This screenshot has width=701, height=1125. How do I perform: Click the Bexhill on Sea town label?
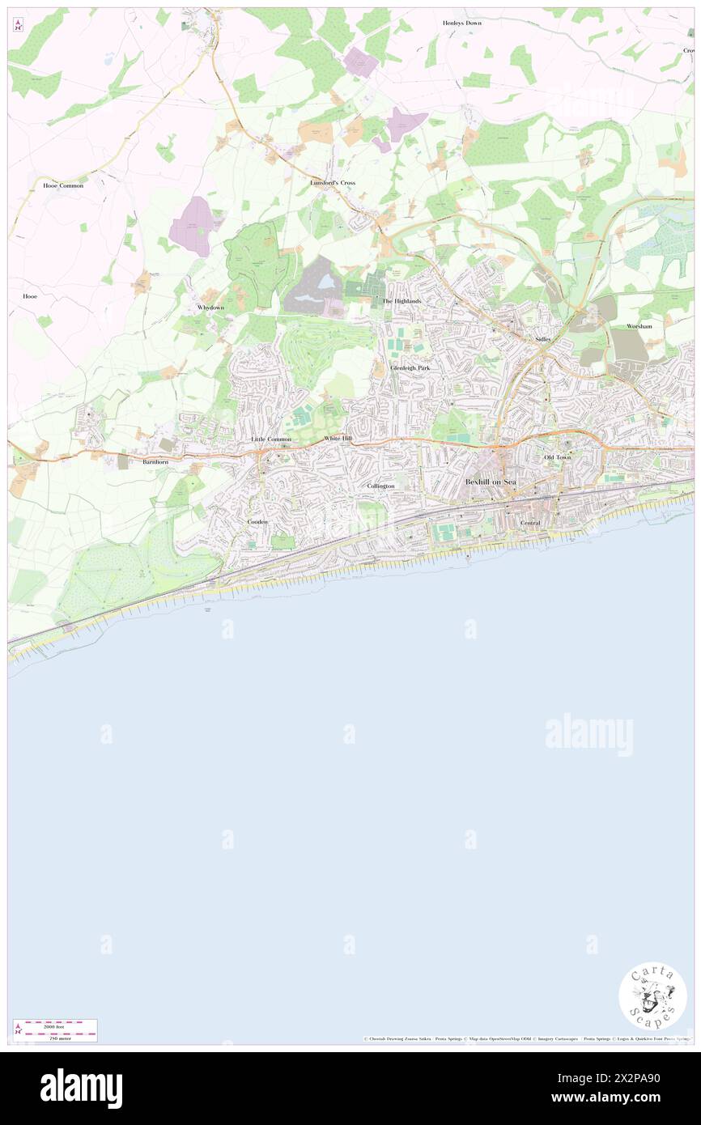click(x=490, y=482)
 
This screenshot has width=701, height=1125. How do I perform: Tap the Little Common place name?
click(x=270, y=439)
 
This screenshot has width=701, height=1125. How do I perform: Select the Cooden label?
click(x=257, y=522)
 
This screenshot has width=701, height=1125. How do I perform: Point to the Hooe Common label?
click(x=63, y=185)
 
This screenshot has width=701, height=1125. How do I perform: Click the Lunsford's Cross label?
click(x=333, y=183)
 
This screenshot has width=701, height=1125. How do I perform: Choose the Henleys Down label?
click(x=462, y=23)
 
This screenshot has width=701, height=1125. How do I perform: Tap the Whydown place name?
click(x=210, y=308)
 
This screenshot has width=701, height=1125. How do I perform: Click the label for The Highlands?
click(x=401, y=301)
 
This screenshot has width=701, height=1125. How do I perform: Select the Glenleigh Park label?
click(x=410, y=367)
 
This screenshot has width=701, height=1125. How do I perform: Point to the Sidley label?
click(x=543, y=339)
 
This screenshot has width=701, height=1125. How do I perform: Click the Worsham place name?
click(x=639, y=326)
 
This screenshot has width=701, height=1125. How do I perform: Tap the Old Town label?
click(x=557, y=457)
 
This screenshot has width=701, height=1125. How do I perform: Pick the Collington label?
click(x=380, y=486)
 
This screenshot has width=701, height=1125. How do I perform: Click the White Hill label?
click(x=338, y=439)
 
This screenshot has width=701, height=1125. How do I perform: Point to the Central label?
click(x=530, y=523)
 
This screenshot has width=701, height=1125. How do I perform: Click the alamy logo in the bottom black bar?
click(x=82, y=1088)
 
